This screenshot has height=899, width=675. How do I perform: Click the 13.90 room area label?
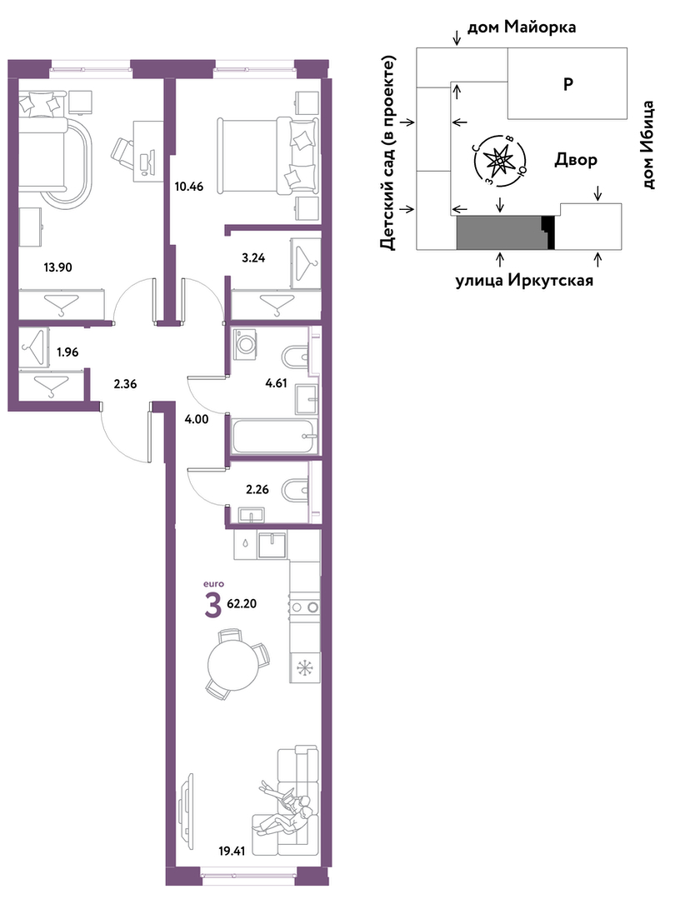point(58,267)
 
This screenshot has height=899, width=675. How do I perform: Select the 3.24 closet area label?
point(253,258)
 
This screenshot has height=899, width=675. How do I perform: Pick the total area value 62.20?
point(242,603)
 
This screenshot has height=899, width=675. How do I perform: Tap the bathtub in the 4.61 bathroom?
point(274,436)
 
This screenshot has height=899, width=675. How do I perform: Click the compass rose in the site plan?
point(497,161)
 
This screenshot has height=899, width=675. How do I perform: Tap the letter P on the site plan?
point(567,84)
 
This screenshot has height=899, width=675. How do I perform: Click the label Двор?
point(575,160)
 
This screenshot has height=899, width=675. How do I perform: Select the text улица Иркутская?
point(524,281)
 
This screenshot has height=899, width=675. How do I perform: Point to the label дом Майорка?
point(522,27)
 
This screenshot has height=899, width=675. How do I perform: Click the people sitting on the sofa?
point(287,806)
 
